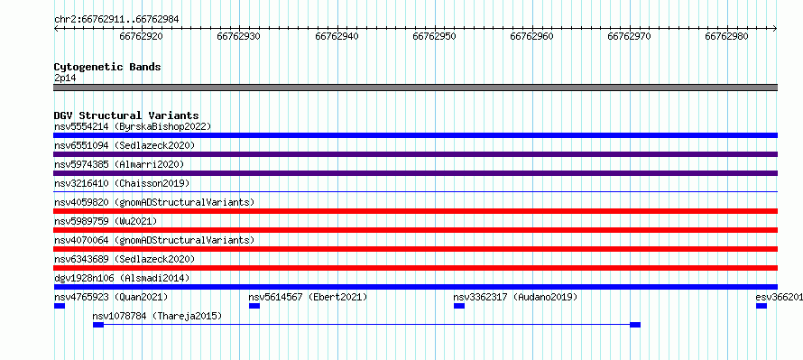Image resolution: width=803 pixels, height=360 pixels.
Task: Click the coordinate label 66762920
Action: click(141, 36)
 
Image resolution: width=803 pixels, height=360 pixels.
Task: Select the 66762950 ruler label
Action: click(434, 36)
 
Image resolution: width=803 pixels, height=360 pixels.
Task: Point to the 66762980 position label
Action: click(726, 36)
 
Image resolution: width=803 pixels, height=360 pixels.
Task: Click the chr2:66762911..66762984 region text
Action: click(116, 20)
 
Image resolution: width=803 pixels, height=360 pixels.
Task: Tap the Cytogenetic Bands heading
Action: click(107, 67)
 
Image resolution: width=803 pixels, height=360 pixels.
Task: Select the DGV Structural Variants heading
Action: click(126, 115)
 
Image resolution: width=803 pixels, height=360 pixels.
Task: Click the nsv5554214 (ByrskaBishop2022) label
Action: click(133, 126)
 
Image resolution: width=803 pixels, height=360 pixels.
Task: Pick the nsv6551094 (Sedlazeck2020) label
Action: click(125, 145)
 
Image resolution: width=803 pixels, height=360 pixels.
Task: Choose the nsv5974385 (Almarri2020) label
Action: click(119, 164)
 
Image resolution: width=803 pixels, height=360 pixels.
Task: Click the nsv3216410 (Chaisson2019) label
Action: click(122, 183)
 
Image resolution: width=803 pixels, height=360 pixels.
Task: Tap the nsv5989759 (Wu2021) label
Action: click(106, 221)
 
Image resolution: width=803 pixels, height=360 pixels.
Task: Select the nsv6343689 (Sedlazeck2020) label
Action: click(125, 259)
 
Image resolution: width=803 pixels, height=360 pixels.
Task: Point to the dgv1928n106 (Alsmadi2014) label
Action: click(122, 278)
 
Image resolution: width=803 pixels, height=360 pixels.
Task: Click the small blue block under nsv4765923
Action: click(60, 306)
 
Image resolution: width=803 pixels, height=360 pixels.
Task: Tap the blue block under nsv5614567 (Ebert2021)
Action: click(254, 306)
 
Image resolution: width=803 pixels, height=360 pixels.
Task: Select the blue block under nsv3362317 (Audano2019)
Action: click(459, 306)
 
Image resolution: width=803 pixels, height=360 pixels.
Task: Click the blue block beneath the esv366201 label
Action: click(761, 306)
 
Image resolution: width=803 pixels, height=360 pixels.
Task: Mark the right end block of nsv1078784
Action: click(635, 325)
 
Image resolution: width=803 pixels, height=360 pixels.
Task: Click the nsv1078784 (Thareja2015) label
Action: click(157, 316)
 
